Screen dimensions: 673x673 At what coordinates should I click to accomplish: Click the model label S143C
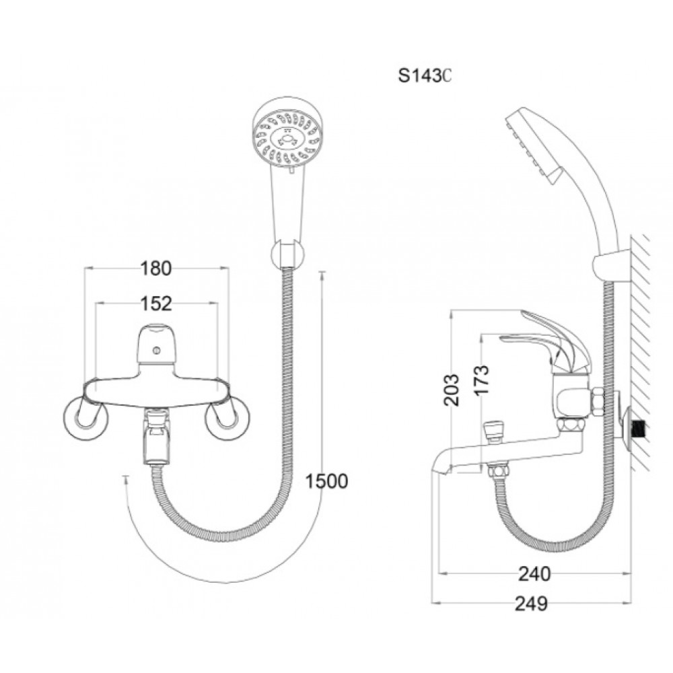tap(425, 76)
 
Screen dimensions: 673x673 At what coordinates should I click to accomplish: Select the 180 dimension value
tap(156, 269)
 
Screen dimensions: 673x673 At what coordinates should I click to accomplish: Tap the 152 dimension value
tap(156, 304)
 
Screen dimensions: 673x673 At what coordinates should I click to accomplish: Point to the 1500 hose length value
tap(326, 481)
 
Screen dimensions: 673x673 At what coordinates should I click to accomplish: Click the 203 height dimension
tap(452, 390)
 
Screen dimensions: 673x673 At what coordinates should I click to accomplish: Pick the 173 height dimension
tap(482, 380)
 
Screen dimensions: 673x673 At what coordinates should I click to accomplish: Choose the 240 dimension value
tap(534, 573)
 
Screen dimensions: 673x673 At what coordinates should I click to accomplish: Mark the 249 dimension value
tap(532, 604)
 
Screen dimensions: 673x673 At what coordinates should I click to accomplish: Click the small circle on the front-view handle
tap(156, 351)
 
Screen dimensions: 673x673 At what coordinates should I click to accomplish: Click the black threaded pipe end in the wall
tap(641, 428)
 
